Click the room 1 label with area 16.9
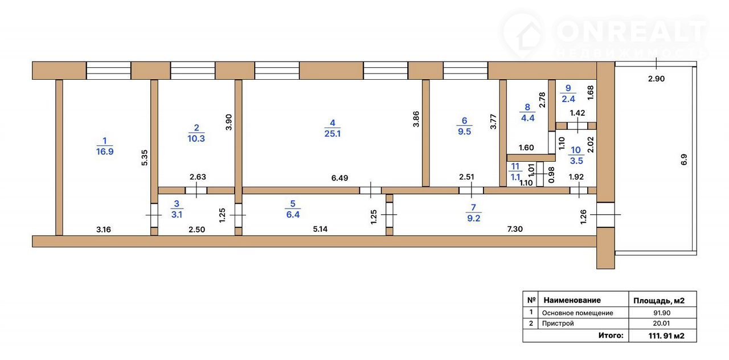tap(104, 146)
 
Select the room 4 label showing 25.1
tap(332, 128)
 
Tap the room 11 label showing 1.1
tap(515, 172)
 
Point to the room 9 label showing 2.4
tap(568, 93)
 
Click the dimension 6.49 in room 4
tap(339, 178)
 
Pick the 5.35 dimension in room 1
tap(145, 158)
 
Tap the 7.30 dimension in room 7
tap(514, 229)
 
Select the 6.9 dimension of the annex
tap(684, 159)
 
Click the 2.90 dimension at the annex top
tap(656, 79)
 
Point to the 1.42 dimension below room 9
tap(578, 113)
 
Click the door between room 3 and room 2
tap(196, 190)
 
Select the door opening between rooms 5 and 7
tap(389, 215)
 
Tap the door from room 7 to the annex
tap(605, 215)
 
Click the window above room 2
tap(193, 70)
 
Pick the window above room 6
tap(465, 70)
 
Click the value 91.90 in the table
tap(662, 313)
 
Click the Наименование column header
tap(572, 300)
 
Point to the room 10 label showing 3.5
tap(576, 156)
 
